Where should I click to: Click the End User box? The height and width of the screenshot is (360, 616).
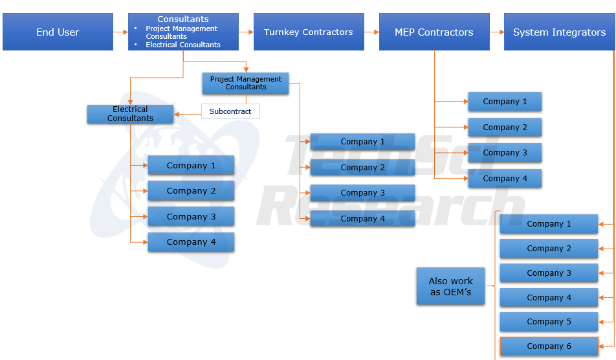(58, 32)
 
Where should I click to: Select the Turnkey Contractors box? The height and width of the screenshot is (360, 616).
(308, 32)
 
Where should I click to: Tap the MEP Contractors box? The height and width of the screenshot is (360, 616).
(434, 32)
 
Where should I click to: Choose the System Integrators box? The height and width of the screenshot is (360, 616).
(559, 32)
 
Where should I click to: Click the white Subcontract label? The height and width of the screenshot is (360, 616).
(230, 111)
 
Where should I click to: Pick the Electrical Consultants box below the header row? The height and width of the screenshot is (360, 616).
(130, 114)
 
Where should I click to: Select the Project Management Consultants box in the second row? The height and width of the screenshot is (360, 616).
(245, 84)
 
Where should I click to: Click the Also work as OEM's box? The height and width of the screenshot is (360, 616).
(450, 286)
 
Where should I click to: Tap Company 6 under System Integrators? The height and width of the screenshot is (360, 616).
(549, 346)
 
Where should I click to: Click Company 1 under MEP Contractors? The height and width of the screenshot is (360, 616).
(505, 102)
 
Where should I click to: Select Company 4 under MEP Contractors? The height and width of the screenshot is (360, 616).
(505, 179)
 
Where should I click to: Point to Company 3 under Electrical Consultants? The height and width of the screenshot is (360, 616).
(191, 216)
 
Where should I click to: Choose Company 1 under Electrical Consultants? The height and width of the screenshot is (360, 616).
(191, 166)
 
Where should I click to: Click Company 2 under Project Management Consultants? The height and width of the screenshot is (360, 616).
(362, 168)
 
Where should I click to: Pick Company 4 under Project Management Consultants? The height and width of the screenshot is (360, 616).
(362, 219)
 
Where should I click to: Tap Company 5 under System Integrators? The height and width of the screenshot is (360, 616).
(549, 322)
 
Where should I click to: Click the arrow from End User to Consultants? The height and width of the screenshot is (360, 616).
(120, 32)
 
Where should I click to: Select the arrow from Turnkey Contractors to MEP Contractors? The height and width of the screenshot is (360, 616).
(371, 32)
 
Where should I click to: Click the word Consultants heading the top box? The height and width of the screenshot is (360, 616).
(183, 19)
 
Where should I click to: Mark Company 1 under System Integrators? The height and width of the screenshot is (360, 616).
(549, 224)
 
